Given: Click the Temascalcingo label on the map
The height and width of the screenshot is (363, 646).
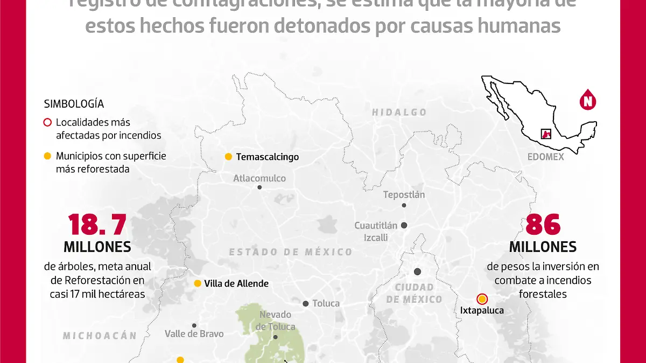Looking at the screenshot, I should click(x=267, y=157).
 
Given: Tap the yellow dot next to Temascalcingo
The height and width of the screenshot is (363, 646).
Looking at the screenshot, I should click(x=228, y=157).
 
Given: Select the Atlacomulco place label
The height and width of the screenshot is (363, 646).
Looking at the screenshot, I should click(x=259, y=178).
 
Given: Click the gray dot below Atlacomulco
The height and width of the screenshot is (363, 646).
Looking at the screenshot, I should click(x=259, y=187).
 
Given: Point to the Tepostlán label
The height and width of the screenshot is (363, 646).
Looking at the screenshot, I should click(x=404, y=195).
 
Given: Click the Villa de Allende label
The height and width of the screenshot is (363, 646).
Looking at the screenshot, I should click(x=236, y=283).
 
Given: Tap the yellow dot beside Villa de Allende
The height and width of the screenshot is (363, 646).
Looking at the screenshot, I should click(x=198, y=283).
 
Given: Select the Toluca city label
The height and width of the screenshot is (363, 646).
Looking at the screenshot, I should click(x=326, y=304).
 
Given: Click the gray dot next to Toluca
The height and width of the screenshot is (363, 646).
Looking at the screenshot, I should click(x=306, y=304).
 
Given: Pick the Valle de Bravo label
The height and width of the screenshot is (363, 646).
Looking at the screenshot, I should click(x=194, y=334).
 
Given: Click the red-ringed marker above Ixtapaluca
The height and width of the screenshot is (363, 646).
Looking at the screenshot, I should click(x=482, y=299).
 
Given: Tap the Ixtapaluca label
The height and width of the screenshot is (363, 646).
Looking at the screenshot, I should click(x=482, y=310).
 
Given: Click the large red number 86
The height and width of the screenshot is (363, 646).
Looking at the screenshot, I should click(x=543, y=225).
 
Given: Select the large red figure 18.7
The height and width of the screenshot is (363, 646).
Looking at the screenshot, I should click(x=97, y=225).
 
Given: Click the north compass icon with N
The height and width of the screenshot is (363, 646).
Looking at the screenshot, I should click(x=588, y=100).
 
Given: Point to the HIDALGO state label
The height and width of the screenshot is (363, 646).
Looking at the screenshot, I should click(x=399, y=113).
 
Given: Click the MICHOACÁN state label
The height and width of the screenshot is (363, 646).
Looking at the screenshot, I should click(x=100, y=336).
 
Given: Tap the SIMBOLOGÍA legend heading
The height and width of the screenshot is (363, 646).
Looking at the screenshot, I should click(x=74, y=104).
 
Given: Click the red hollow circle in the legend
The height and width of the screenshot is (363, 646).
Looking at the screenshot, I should click(x=47, y=123).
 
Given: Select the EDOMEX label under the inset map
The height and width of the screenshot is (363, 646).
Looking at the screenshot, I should click(x=545, y=157).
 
